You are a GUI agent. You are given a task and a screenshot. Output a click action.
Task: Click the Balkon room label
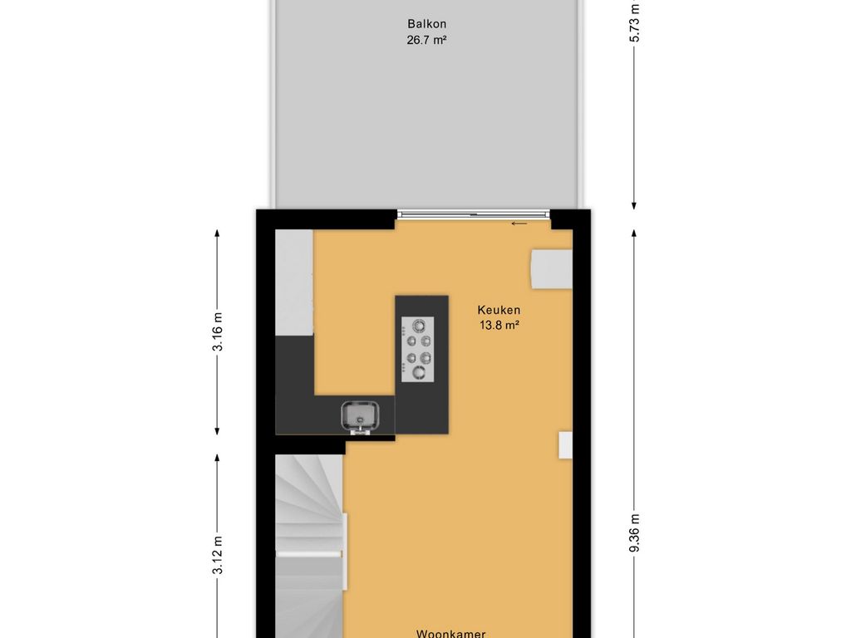(x=426, y=24)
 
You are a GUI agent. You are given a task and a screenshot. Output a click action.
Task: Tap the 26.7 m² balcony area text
(x=426, y=40)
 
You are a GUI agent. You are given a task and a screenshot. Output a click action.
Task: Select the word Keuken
(x=499, y=311)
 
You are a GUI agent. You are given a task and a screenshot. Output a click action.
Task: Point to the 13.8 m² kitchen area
(x=499, y=326)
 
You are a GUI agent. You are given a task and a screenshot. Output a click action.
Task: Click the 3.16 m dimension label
(x=218, y=332)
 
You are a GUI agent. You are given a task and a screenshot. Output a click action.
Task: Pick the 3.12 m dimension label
(x=218, y=555)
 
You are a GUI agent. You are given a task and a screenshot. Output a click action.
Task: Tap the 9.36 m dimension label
(x=634, y=532)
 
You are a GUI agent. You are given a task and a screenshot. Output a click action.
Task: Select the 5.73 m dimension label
(x=634, y=22)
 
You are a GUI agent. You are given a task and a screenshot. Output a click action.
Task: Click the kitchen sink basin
(x=361, y=415)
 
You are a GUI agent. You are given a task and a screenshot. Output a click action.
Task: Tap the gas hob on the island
(x=417, y=350)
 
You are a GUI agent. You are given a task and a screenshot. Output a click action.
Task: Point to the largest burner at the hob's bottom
(x=419, y=372)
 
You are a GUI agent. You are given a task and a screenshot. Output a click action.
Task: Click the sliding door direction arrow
(x=519, y=223)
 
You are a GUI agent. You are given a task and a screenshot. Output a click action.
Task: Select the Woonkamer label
(x=450, y=633)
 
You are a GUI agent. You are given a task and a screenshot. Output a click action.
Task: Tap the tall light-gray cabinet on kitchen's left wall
(x=294, y=282)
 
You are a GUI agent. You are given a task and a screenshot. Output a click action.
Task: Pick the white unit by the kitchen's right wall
(x=552, y=269)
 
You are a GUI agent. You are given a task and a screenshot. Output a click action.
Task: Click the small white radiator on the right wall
(x=565, y=445)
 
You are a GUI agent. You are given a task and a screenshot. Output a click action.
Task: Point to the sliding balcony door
(x=473, y=215)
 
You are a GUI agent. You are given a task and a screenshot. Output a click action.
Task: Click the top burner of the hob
(x=419, y=326)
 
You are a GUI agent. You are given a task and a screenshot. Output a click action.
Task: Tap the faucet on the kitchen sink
(x=361, y=431)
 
